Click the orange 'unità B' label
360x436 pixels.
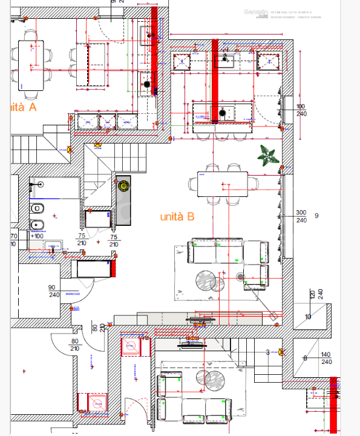177,216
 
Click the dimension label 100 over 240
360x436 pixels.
301,110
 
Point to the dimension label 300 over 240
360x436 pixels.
301,216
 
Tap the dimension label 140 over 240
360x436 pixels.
326,358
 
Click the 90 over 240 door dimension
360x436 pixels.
53,291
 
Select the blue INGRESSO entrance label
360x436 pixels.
73,295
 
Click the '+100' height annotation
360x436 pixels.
38,236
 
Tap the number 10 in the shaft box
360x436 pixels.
308,317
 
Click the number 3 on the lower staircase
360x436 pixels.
267,352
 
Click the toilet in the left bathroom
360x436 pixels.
38,209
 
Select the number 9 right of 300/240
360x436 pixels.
316,216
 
